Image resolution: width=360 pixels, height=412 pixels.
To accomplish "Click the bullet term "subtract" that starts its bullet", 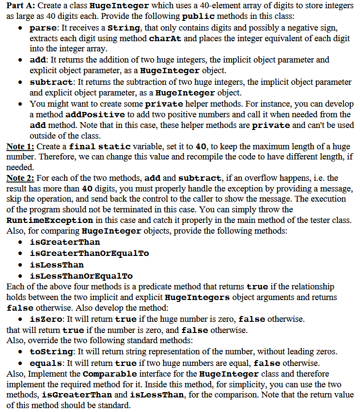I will [x=52, y=82].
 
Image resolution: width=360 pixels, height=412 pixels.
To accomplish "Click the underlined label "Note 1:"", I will [x=20, y=146].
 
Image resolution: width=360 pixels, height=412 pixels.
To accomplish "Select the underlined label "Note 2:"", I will [x=20, y=178].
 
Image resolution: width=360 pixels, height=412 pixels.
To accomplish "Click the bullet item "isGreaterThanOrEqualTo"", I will [x=89, y=253].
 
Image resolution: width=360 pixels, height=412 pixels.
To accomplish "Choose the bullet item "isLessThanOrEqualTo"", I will [x=81, y=276].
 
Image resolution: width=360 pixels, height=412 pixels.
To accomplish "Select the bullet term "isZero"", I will [x=46, y=319].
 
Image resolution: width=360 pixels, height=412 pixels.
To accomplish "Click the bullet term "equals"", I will [x=46, y=363].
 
